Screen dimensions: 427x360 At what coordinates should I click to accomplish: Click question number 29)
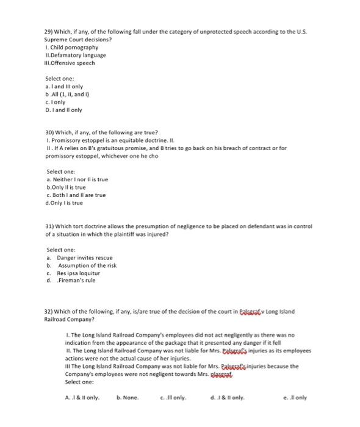pos(50,30)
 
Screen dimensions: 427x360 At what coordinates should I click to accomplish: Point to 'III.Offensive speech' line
pos(70,63)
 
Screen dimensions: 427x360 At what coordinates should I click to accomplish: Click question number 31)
pos(50,226)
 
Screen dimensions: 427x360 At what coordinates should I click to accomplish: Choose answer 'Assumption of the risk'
pos(85,266)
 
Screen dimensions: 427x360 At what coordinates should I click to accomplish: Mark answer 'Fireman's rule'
pos(76,281)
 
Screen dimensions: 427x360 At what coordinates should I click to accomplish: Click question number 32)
pos(50,311)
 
